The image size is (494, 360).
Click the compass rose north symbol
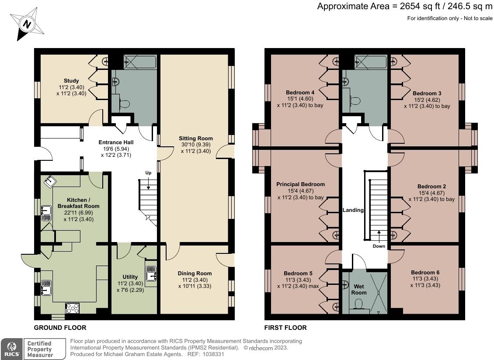coord(27,24)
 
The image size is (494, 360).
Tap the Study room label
coord(71,81)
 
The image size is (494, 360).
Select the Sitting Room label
coord(196,138)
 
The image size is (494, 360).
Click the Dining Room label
coord(195,273)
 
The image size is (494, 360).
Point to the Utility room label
coord(130,277)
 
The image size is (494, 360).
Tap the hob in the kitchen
coord(73,308)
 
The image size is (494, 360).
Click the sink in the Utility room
coord(151,273)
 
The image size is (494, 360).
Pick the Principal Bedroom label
coord(301,184)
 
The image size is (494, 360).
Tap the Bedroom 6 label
coord(425,273)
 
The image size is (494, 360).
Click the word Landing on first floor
coord(353,210)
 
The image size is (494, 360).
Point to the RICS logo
coord(12,349)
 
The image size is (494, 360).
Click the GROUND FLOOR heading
coord(60,328)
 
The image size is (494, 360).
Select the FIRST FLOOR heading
coord(285,328)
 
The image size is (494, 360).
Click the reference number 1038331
coord(213,354)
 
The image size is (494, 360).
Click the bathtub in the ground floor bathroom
coord(140,62)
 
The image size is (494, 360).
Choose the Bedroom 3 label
coord(427,93)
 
